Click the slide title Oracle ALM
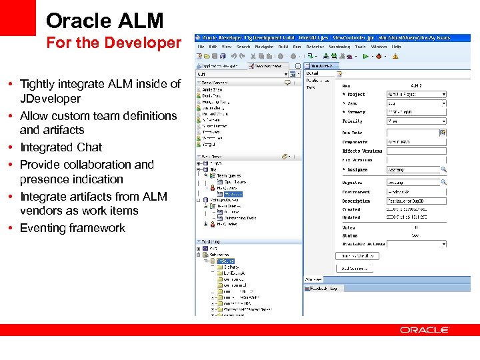coord(105,20)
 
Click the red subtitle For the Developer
coord(113,43)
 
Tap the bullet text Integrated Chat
coord(61,147)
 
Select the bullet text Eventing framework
coord(72,228)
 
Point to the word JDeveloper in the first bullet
coord(50,99)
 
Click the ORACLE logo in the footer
coord(425,329)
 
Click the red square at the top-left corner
coord(17,17)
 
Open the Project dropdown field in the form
coord(416,95)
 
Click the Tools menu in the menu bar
coord(360,47)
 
